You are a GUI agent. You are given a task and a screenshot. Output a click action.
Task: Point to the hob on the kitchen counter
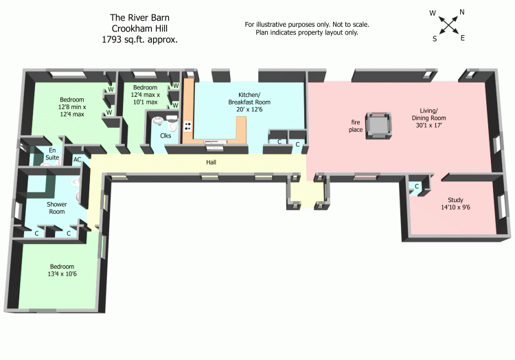[187, 126]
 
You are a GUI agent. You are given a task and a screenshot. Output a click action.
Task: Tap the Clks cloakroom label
[165, 135]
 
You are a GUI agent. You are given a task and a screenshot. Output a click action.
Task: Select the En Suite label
[51, 153]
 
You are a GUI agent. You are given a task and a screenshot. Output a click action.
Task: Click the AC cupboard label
[78, 159]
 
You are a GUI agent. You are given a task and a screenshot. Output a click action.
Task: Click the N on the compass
[461, 12]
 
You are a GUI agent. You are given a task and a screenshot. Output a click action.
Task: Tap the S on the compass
[435, 39]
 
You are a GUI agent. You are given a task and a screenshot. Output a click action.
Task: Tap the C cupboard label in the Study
[417, 186]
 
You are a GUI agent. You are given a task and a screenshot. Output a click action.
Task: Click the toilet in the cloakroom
[159, 122]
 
